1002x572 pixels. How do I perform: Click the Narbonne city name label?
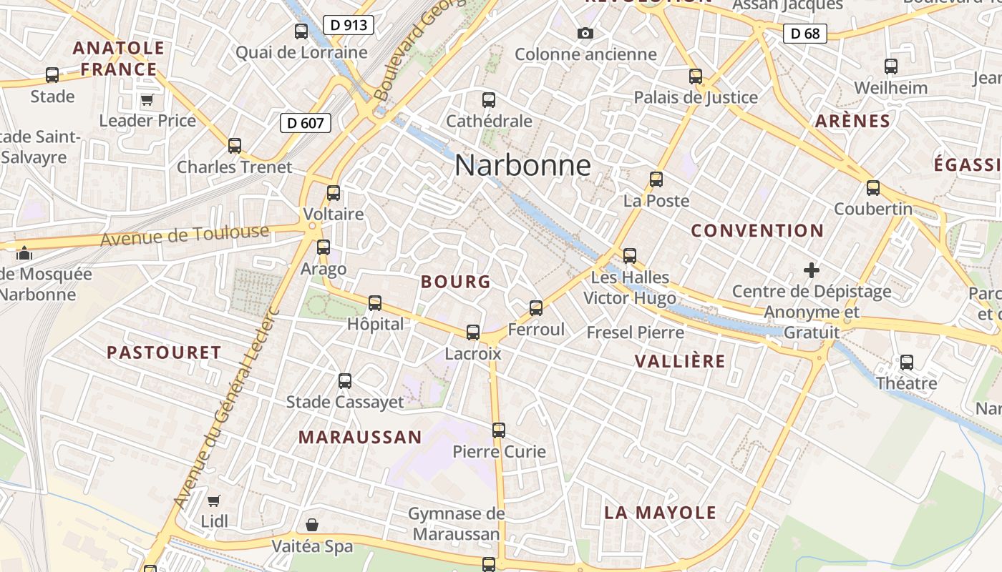tap(522, 166)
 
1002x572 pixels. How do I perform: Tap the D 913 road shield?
tap(349, 25)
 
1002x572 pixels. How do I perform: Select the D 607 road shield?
tap(306, 123)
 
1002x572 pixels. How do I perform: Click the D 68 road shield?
tap(805, 33)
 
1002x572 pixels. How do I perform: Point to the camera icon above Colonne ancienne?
tap(585, 33)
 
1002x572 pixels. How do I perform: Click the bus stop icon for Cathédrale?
tap(489, 100)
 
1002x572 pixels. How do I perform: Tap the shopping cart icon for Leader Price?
tap(147, 99)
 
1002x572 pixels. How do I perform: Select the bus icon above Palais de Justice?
tap(696, 77)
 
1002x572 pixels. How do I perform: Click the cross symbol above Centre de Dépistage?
tap(811, 270)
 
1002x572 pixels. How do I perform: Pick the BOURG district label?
tap(456, 282)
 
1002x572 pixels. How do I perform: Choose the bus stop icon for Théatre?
tap(907, 363)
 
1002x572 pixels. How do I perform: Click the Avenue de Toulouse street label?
tap(185, 235)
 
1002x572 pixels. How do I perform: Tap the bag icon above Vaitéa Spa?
tap(312, 526)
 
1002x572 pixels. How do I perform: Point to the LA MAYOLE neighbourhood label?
tap(660, 513)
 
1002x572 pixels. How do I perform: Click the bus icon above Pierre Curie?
tap(499, 430)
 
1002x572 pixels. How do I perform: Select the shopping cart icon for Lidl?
tap(214, 500)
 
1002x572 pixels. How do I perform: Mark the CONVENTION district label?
tap(757, 231)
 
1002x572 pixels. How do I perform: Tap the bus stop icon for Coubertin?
tap(873, 188)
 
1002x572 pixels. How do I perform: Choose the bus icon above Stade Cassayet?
tap(345, 381)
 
